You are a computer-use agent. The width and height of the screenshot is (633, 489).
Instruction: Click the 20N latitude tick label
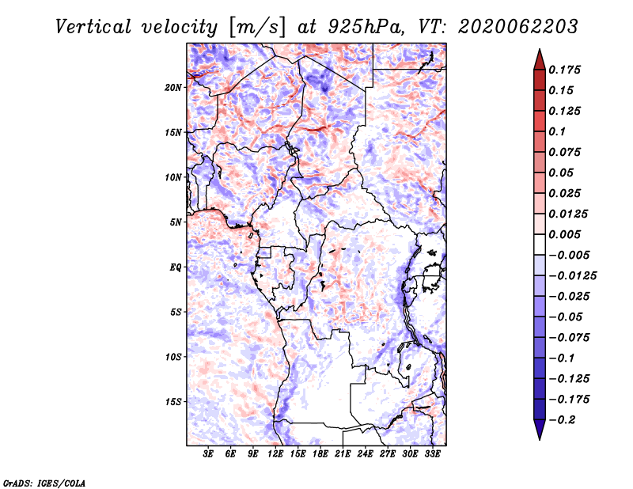coord(173,88)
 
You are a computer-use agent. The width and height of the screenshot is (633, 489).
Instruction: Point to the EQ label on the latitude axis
coord(175,267)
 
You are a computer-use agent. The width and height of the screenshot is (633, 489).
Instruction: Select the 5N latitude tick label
coord(176,222)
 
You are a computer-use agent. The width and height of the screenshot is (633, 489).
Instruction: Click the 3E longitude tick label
coord(208,454)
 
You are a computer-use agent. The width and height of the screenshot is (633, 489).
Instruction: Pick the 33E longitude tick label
coord(432,454)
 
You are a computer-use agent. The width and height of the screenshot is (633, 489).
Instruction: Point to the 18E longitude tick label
coord(320,454)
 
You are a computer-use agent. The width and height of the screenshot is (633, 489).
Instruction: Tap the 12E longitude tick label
coord(275,454)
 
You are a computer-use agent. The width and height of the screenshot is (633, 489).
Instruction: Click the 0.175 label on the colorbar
coord(564,70)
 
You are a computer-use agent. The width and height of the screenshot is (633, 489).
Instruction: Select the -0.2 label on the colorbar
coord(562,420)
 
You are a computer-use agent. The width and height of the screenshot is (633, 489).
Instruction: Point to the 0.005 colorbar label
coord(564,234)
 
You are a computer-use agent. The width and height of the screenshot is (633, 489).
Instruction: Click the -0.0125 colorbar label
coord(572,276)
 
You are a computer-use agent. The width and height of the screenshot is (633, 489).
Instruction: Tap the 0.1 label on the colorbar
coord(557,131)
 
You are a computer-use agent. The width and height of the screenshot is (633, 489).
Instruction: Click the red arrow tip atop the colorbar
coord(540,50)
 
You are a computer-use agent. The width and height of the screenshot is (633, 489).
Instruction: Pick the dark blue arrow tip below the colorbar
coord(540,439)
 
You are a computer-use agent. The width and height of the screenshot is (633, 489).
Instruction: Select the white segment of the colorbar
coord(540,244)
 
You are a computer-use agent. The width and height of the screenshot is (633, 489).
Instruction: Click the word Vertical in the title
coord(93,27)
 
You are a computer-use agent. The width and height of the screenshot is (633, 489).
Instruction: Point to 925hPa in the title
coord(366,27)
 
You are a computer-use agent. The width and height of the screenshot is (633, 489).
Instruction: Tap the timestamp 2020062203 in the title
coord(518,27)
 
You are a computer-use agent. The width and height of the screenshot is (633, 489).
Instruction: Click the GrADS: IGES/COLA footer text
coord(44,483)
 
